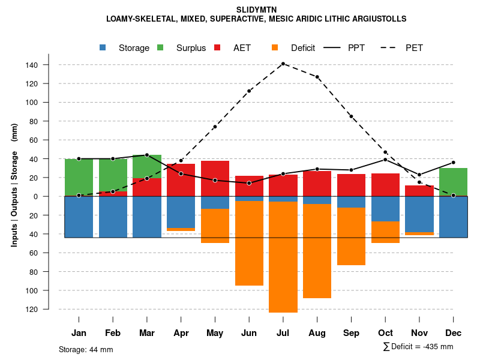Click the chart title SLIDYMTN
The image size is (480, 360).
(256, 10)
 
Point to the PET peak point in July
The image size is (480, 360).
(283, 64)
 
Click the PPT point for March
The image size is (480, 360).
(147, 155)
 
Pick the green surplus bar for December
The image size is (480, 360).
(454, 181)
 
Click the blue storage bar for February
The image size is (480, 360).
(113, 217)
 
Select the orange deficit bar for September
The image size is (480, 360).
(352, 236)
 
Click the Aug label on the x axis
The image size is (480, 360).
(317, 333)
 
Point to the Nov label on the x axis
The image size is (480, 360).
(419, 333)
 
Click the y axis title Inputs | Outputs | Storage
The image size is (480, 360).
(14, 185)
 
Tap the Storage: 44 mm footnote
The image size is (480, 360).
(86, 349)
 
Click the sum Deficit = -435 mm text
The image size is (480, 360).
(418, 346)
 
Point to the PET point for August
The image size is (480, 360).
(317, 77)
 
